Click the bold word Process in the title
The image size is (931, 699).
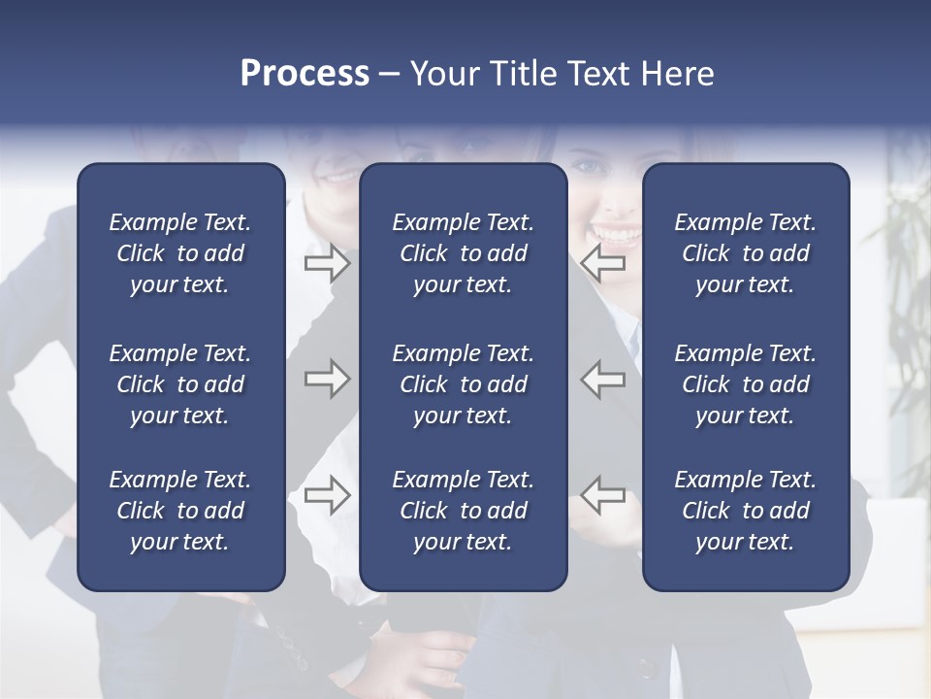click(305, 74)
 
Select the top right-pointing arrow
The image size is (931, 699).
click(327, 263)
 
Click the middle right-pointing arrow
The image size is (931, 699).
click(327, 379)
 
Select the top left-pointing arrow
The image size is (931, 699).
click(603, 263)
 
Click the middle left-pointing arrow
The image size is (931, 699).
click(603, 379)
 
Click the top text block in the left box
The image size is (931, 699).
click(180, 253)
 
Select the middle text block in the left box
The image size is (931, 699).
click(180, 384)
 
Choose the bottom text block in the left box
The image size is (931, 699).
click(180, 511)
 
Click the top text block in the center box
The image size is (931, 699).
click(463, 253)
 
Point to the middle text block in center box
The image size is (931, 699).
click(463, 384)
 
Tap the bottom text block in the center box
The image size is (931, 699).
click(463, 511)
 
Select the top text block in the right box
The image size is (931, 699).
click(745, 253)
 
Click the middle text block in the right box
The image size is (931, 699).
click(745, 384)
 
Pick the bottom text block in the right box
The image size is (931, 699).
click(745, 511)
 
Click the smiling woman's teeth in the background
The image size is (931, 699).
click(617, 234)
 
